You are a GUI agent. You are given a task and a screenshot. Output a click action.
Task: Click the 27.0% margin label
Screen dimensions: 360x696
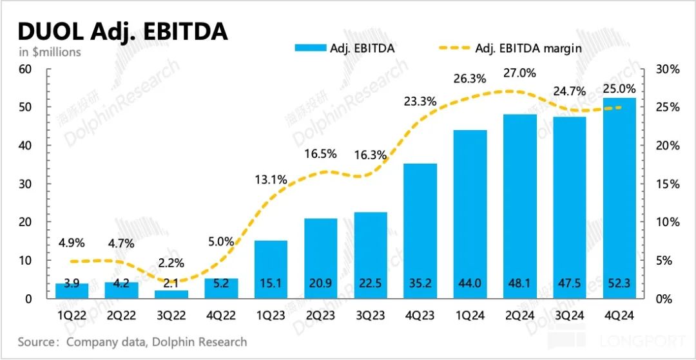tap(519, 73)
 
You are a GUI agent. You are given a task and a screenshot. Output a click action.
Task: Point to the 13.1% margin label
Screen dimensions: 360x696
tap(271, 180)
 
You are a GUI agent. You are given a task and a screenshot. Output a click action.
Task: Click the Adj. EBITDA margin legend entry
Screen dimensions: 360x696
tap(528, 47)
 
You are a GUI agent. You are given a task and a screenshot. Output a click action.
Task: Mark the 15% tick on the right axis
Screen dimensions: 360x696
tap(668, 184)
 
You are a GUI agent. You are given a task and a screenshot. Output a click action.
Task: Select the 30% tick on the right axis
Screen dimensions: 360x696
tap(668, 69)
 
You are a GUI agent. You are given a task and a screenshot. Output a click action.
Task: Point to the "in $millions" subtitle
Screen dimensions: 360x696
tap(50, 52)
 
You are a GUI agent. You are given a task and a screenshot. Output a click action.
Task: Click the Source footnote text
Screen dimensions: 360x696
tap(132, 342)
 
